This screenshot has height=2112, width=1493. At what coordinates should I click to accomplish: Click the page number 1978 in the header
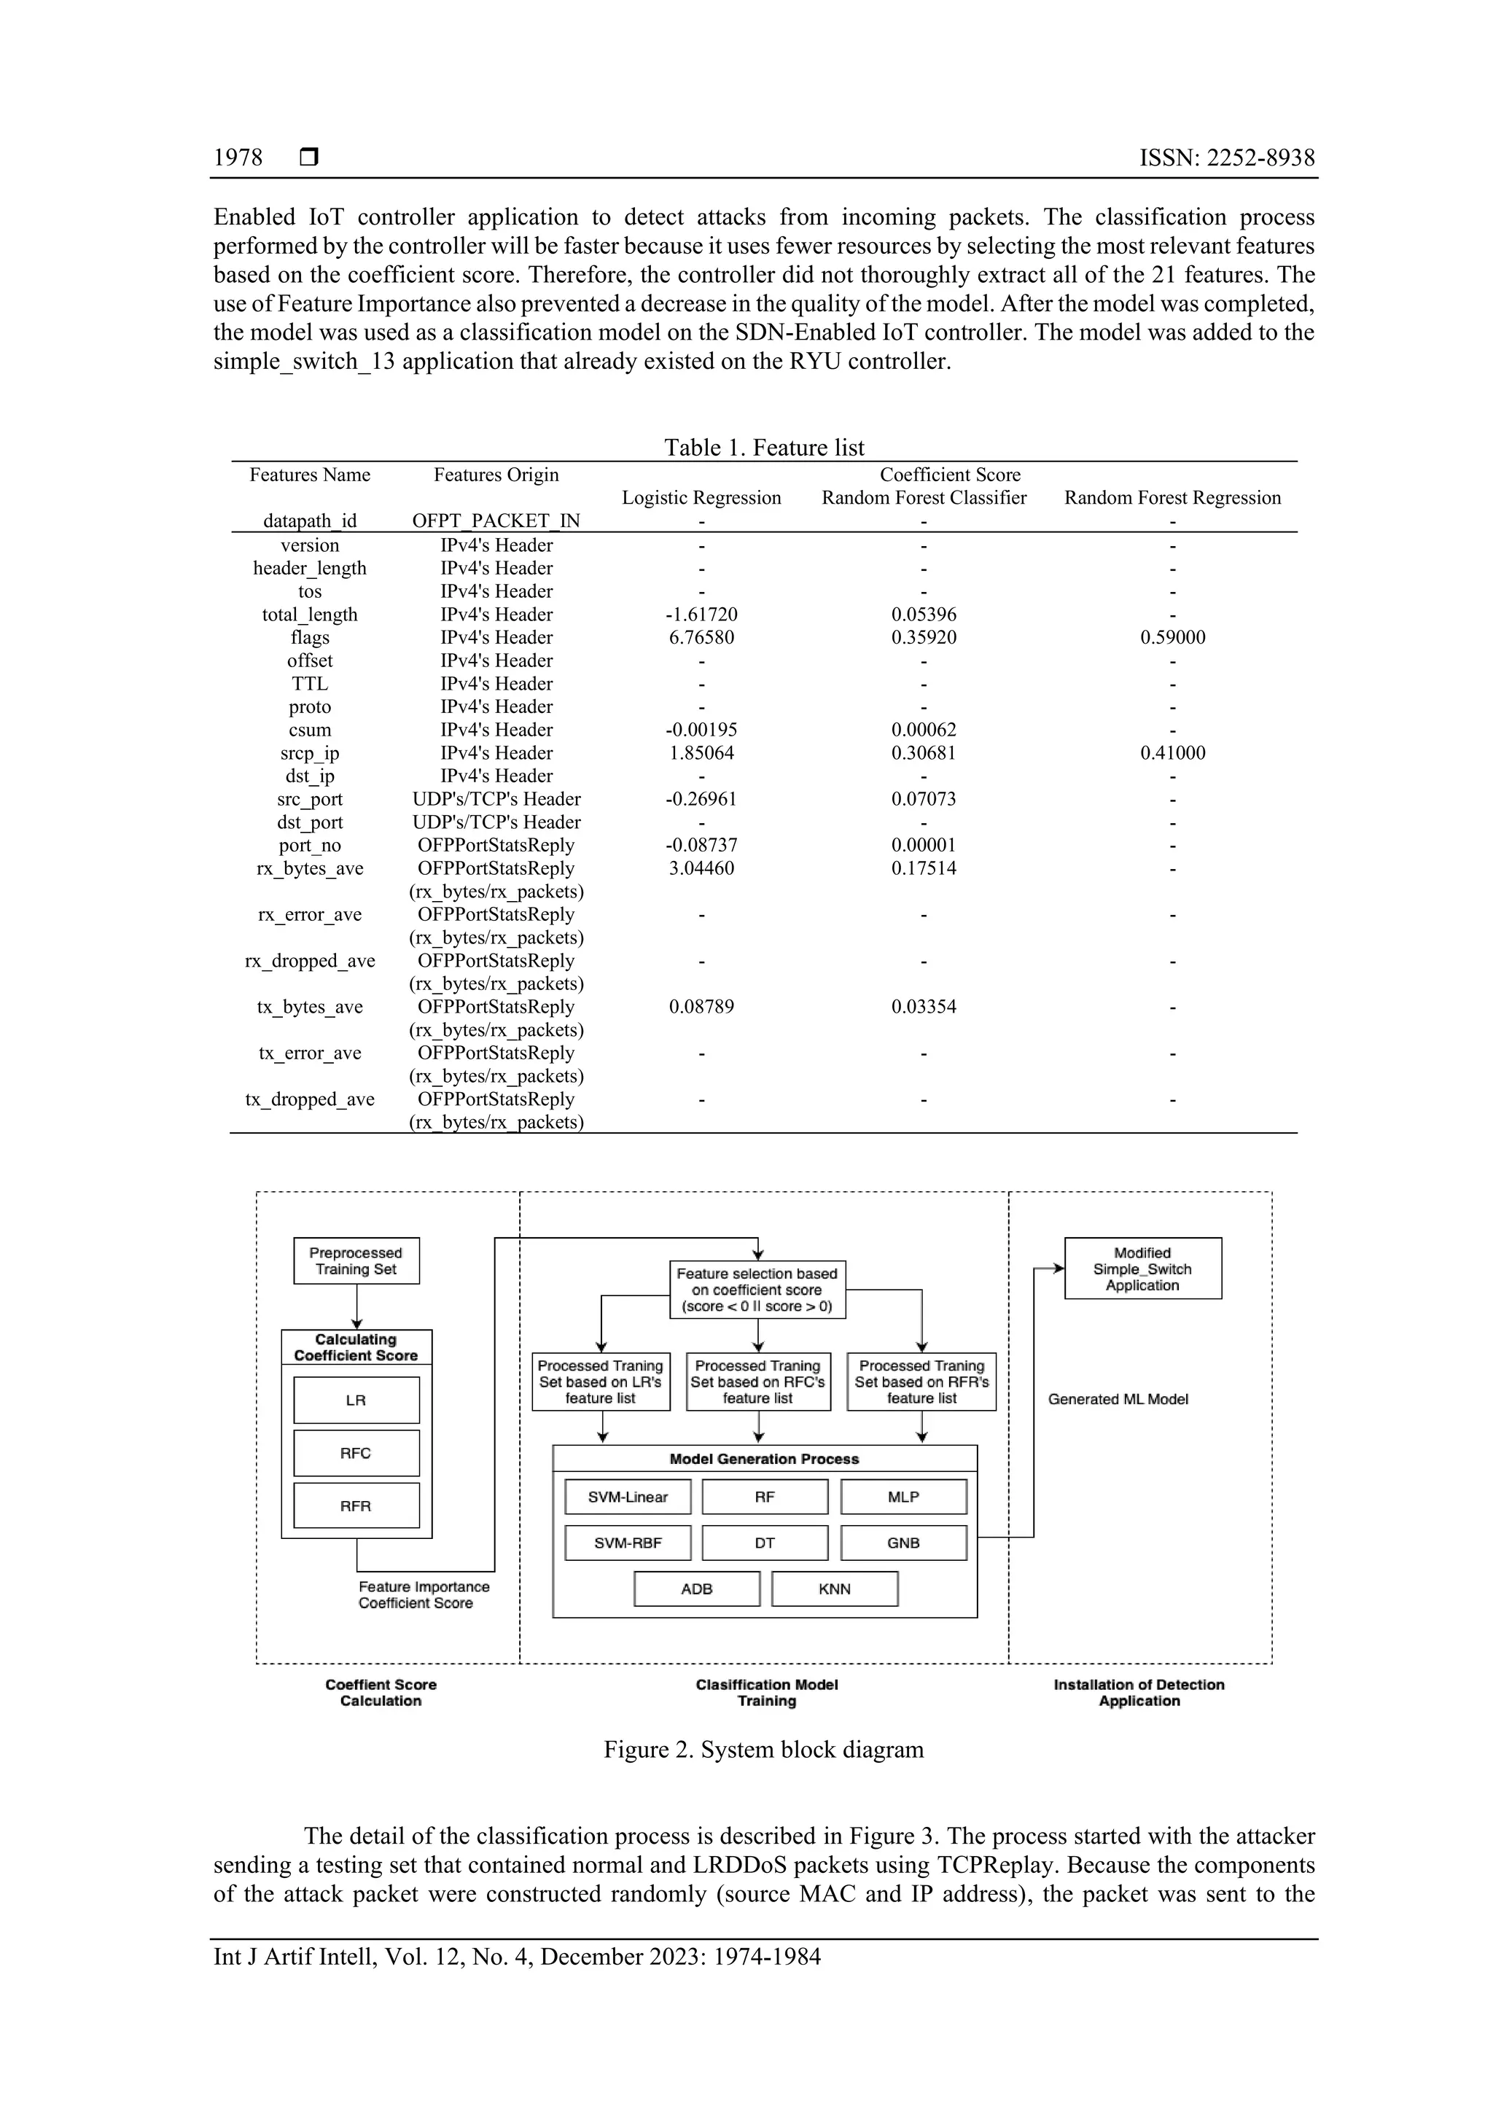[x=238, y=158]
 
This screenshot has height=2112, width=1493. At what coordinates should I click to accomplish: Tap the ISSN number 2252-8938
[x=1226, y=158]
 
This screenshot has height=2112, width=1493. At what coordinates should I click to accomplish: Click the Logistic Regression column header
[x=701, y=498]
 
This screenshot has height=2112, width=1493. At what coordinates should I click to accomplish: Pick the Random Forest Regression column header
[x=1172, y=498]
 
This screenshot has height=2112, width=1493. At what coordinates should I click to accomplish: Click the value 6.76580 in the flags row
[x=701, y=637]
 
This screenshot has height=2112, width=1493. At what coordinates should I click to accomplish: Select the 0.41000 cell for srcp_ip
[x=1172, y=752]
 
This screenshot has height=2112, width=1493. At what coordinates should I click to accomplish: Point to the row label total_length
[x=309, y=615]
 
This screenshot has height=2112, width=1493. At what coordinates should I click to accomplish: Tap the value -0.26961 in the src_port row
[x=701, y=799]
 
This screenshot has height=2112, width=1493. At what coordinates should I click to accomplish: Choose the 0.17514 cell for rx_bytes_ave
[x=924, y=868]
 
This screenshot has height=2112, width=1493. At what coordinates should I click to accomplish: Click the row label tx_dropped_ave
[x=309, y=1099]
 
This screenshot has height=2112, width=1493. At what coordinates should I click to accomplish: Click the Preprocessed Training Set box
[x=356, y=1261]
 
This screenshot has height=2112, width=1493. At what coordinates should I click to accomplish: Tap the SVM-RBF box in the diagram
[x=628, y=1543]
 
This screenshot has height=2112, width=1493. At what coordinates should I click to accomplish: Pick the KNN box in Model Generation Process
[x=835, y=1589]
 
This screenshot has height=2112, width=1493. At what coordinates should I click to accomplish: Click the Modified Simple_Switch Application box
[x=1142, y=1269]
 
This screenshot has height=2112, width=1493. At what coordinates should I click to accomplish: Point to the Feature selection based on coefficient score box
[x=757, y=1290]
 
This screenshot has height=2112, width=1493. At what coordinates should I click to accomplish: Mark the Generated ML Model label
[x=1118, y=1399]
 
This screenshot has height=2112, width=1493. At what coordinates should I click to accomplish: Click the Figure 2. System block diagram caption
[x=763, y=1750]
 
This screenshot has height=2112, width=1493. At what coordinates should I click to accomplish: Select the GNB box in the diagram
[x=903, y=1543]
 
